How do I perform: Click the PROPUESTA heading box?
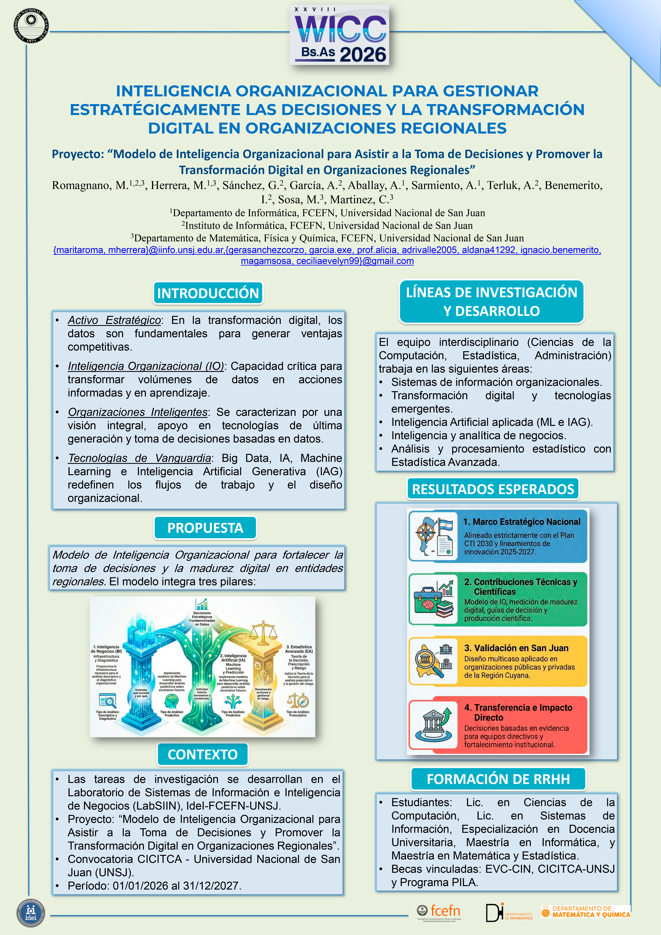[x=205, y=528]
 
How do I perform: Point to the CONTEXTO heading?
[x=202, y=755]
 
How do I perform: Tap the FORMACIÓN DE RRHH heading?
[x=498, y=779]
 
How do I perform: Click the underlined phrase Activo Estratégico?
[x=114, y=321]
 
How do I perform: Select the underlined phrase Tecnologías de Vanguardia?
[x=139, y=458]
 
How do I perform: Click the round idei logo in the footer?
[x=31, y=913]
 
